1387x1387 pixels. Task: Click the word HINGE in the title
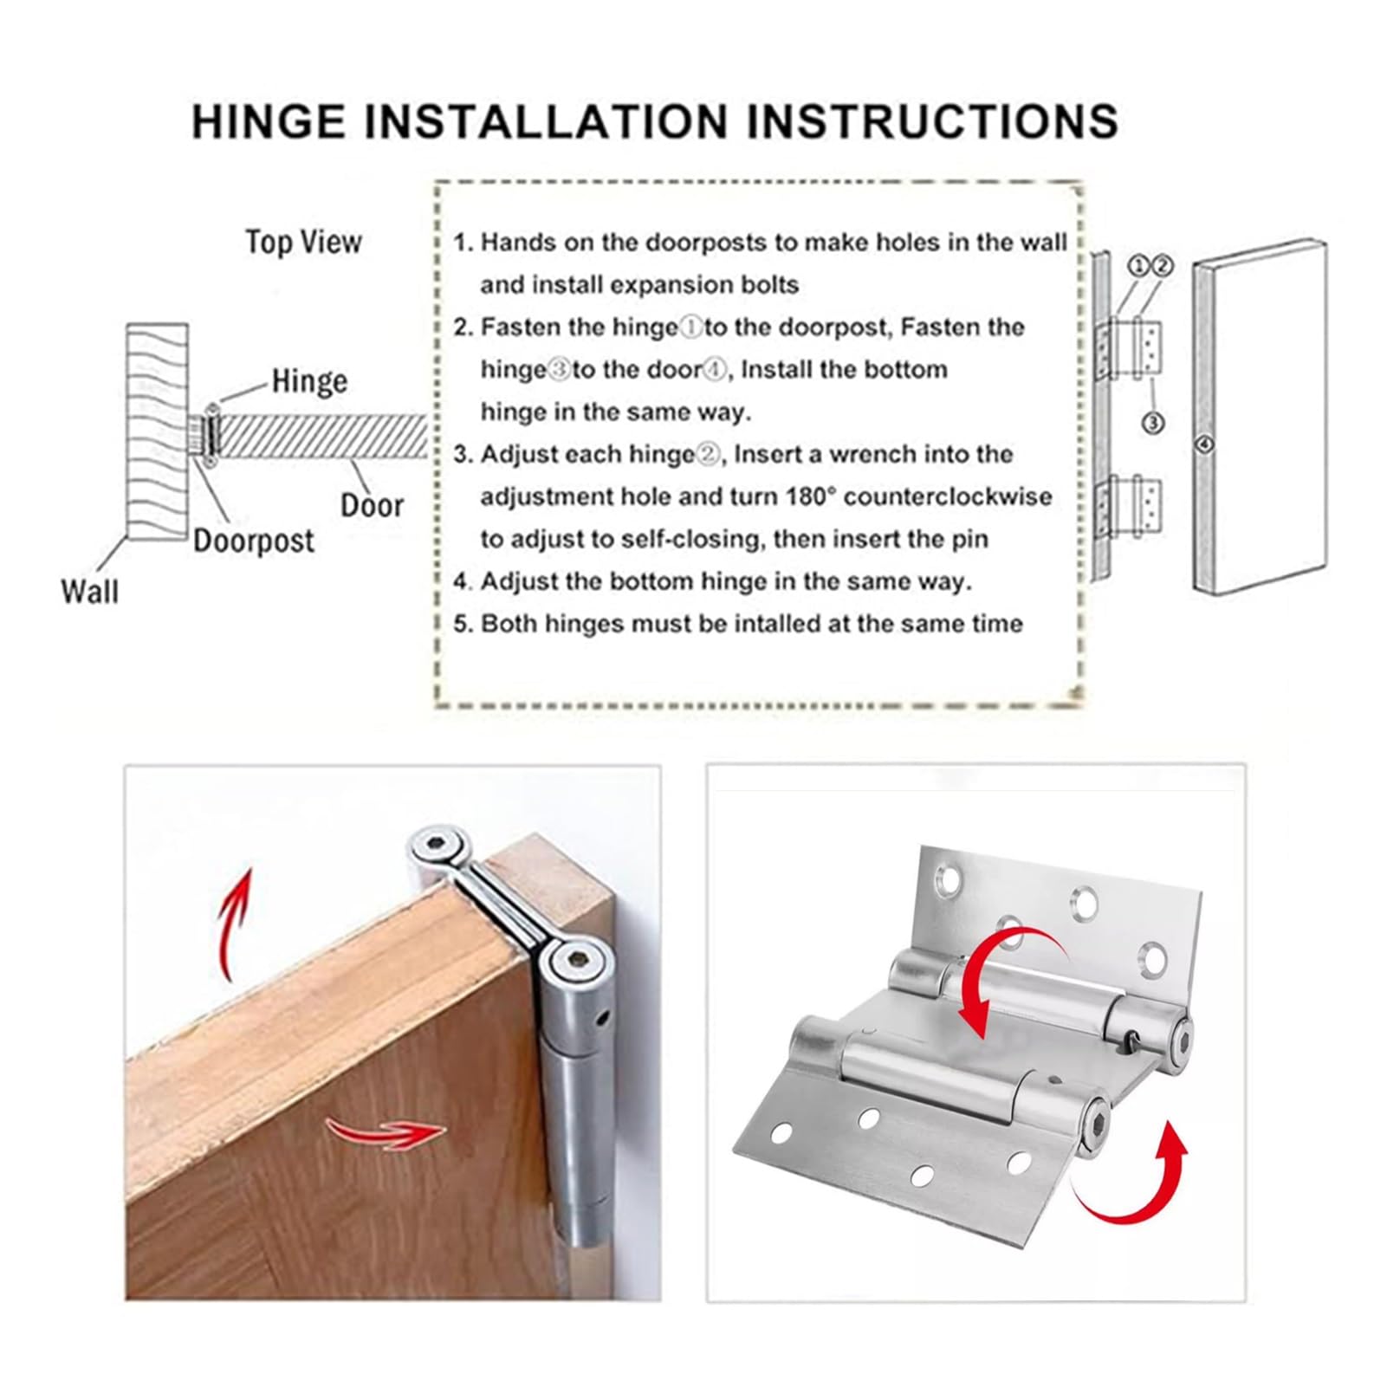click(269, 120)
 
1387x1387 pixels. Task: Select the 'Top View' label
click(303, 242)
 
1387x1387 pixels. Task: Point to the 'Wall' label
click(90, 592)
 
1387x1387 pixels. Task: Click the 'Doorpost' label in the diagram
click(254, 541)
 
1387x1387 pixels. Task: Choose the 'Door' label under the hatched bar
click(373, 505)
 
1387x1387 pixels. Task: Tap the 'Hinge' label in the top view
click(309, 381)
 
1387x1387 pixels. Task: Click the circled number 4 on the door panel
click(1203, 445)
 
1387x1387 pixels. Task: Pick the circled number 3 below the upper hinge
click(1153, 423)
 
